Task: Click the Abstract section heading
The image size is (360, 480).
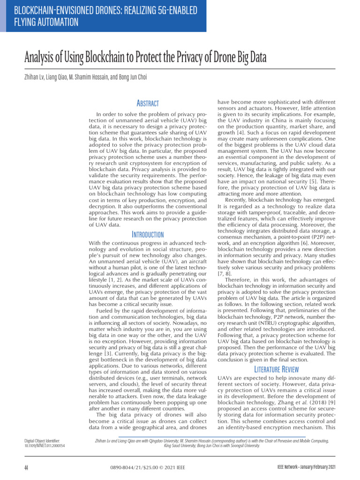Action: click(147, 103)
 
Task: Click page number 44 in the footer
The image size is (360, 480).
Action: click(27, 468)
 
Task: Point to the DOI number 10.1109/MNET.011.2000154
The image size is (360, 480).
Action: click(45, 446)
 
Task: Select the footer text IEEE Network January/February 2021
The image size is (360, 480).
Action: click(307, 468)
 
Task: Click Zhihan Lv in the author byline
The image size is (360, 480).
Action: click(33, 77)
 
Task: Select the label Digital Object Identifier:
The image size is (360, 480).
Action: click(44, 441)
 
